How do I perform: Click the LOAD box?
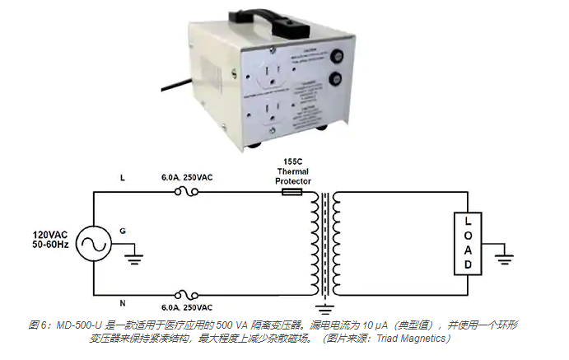click(x=468, y=244)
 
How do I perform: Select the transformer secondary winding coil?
click(x=338, y=244)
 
